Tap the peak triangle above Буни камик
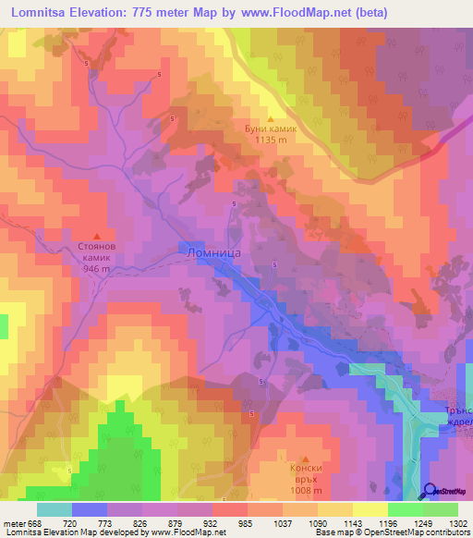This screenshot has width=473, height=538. pyautogui.click(x=270, y=118)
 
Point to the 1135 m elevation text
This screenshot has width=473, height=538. pyautogui.click(x=271, y=141)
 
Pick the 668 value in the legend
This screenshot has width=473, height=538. pyautogui.click(x=35, y=522)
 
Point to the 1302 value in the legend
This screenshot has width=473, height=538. pyautogui.click(x=455, y=522)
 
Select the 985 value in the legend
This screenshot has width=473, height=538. pyautogui.click(x=246, y=522)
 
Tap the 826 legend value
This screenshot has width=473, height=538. pyautogui.click(x=140, y=522)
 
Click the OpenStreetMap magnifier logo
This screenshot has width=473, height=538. pyautogui.click(x=430, y=491)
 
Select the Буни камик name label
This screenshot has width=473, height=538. pyautogui.click(x=271, y=130)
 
